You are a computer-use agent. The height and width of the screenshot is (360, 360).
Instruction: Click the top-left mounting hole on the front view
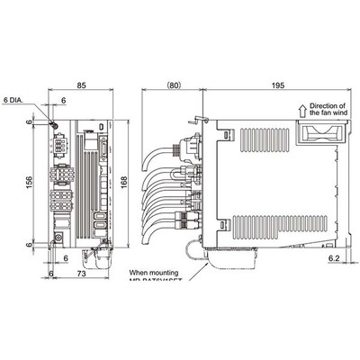[56, 126]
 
